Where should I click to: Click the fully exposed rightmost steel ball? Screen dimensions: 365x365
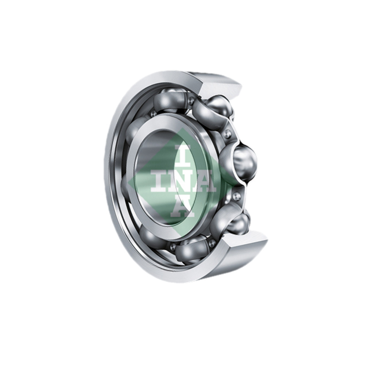pos(240,162)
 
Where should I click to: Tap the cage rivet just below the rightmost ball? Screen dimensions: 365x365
pos(236,196)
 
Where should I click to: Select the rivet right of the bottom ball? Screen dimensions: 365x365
pos(211,243)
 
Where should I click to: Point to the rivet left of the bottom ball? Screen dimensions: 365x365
pos(173,247)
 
